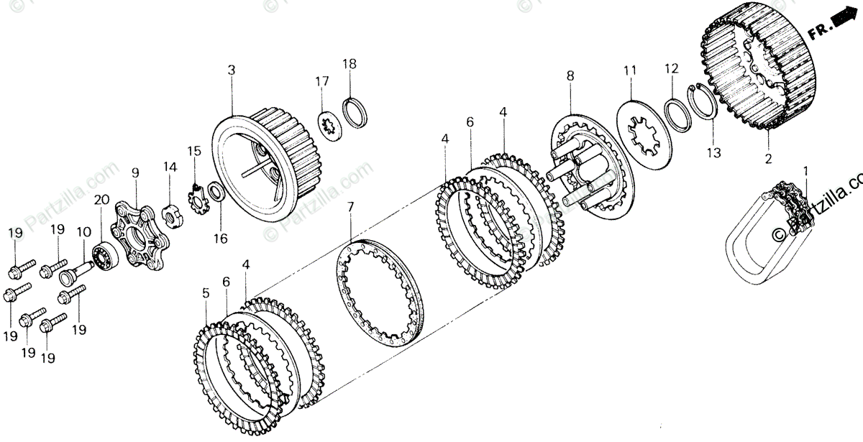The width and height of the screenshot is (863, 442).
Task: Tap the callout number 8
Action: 570,75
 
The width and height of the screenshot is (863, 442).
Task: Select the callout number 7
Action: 350,208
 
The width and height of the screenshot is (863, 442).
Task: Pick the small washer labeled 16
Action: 214,192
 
